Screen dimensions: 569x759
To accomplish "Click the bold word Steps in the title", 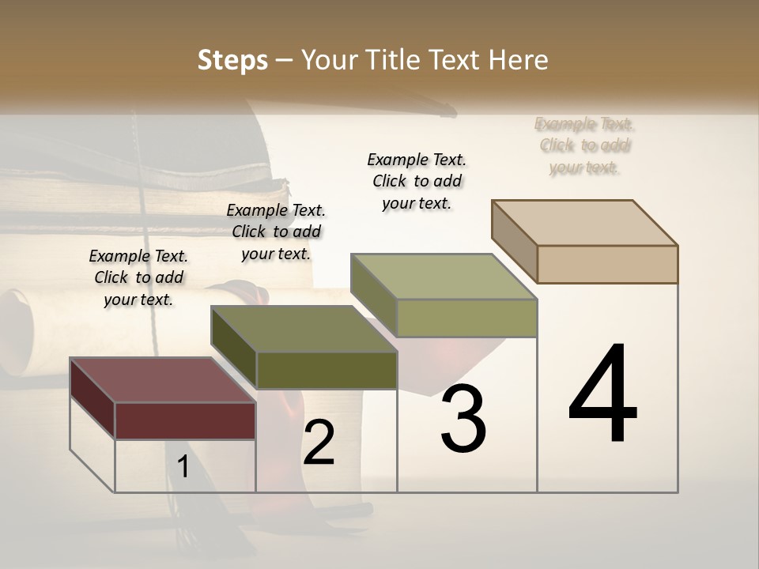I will point(232,60).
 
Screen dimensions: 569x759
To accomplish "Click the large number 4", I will point(602,395).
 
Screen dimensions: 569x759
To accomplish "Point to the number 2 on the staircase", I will point(319,443).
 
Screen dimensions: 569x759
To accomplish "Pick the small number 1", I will point(183,467).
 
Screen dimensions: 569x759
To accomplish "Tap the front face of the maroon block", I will point(185,420).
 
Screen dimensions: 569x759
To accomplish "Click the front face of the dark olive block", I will point(327,370).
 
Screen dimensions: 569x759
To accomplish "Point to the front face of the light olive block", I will point(466,318).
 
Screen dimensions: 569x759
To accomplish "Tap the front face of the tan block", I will point(607,264).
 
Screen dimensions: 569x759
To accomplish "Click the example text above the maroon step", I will point(138,277).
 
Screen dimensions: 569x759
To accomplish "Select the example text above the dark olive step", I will point(276,232).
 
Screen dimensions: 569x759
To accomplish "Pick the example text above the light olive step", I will point(417,181).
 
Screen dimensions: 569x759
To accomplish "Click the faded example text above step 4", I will point(585,145).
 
